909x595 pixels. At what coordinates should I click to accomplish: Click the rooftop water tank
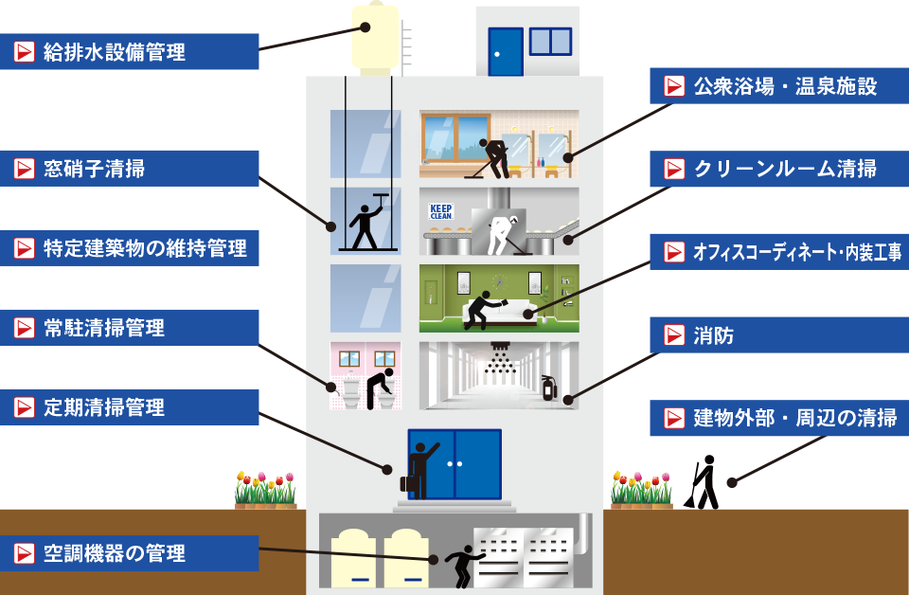point(376,37)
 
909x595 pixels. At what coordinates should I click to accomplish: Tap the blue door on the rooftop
point(506,51)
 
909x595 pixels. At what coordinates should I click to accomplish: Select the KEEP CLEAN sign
point(442,211)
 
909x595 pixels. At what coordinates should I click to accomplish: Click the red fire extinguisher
point(547,388)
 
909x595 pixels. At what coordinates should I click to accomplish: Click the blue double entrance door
point(454,464)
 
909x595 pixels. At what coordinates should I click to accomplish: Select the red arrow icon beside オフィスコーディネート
point(674,252)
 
